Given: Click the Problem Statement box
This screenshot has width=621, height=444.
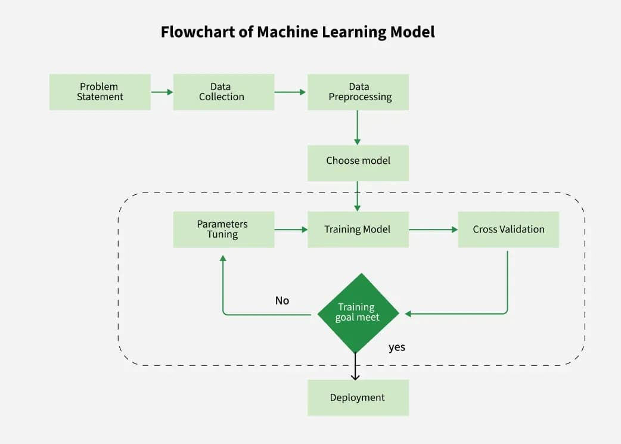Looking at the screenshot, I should (x=100, y=92).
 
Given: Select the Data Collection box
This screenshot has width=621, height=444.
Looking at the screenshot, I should (x=223, y=92).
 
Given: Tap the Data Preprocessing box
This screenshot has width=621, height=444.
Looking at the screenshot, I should (x=358, y=92).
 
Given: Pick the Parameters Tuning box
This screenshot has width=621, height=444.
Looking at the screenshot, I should (x=223, y=229).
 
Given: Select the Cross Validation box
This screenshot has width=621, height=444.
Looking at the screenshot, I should (x=508, y=229).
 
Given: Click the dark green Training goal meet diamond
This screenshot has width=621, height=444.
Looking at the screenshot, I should (x=358, y=313).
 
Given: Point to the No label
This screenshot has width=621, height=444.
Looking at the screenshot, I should (x=282, y=300).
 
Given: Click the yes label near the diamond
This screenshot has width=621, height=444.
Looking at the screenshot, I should (x=397, y=347).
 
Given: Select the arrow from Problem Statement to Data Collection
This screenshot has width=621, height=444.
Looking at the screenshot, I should (x=162, y=92).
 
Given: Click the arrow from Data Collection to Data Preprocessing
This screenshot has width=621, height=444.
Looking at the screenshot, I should (x=290, y=92).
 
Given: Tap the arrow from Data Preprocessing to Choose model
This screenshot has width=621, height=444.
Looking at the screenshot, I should (x=358, y=128).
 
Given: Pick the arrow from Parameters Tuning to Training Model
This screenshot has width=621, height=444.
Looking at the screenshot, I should (x=290, y=229).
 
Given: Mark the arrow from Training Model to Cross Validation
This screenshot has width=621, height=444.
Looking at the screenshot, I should (x=433, y=229).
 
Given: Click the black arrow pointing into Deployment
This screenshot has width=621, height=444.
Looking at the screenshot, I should (x=355, y=367).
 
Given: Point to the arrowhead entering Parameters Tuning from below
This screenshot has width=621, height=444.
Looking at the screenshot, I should (x=223, y=259).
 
